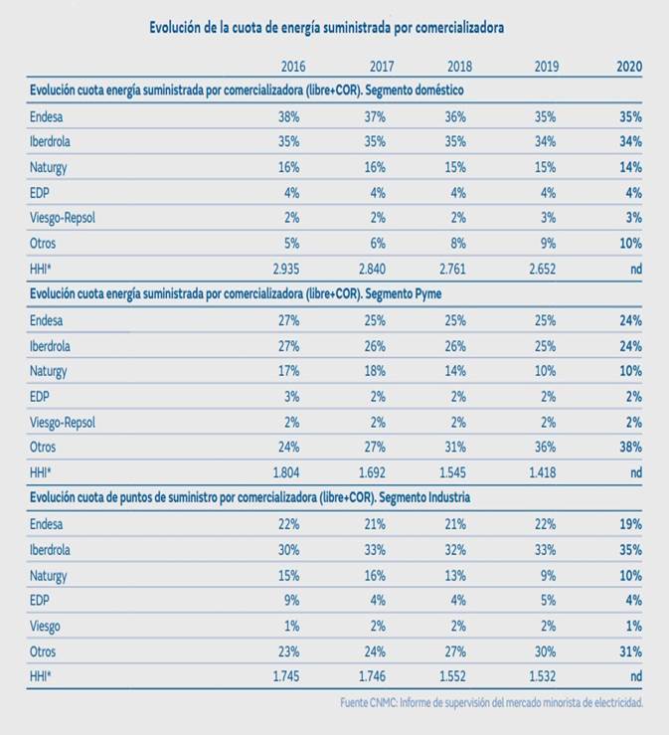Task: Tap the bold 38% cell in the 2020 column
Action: click(630, 447)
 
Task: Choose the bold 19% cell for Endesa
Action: click(630, 523)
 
